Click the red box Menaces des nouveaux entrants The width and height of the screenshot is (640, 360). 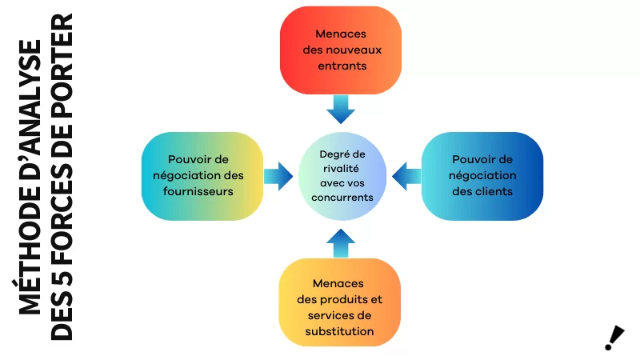(x=340, y=50)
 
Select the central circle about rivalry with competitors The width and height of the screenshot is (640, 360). (x=342, y=175)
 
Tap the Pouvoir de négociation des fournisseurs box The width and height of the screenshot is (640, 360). (x=202, y=175)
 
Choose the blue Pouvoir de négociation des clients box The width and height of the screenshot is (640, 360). (x=482, y=175)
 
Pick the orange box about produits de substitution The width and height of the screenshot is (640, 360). (x=340, y=302)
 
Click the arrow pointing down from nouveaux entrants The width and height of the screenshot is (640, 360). (x=341, y=109)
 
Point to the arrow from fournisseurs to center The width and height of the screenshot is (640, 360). (x=278, y=175)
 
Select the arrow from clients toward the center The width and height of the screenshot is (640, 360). (x=406, y=175)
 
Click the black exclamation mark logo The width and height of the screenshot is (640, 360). (x=614, y=338)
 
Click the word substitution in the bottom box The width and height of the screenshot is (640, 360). (x=340, y=330)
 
